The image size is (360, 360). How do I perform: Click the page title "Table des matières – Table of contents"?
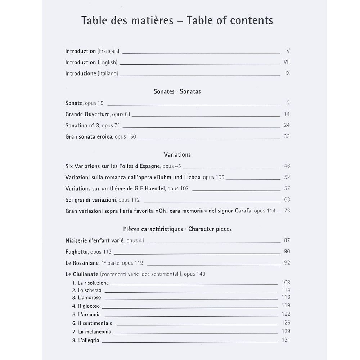[x=177, y=20]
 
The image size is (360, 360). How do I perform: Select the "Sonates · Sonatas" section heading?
[x=177, y=91]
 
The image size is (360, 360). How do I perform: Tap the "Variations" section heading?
[x=177, y=154]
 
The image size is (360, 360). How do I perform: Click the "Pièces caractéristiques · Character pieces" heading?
[x=177, y=229]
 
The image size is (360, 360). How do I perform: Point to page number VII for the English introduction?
[x=287, y=62]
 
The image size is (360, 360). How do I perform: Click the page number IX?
[x=287, y=73]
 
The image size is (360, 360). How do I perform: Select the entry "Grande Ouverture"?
[x=87, y=114]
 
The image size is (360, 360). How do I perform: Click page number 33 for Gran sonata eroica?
[x=287, y=136]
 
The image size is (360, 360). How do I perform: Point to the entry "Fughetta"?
[x=77, y=252]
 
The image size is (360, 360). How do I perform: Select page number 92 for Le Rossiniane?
[x=287, y=263]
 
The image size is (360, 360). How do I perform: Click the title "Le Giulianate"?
[x=82, y=274]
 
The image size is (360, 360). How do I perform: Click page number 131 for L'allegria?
[x=286, y=340]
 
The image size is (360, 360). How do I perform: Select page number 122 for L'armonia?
[x=286, y=314]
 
